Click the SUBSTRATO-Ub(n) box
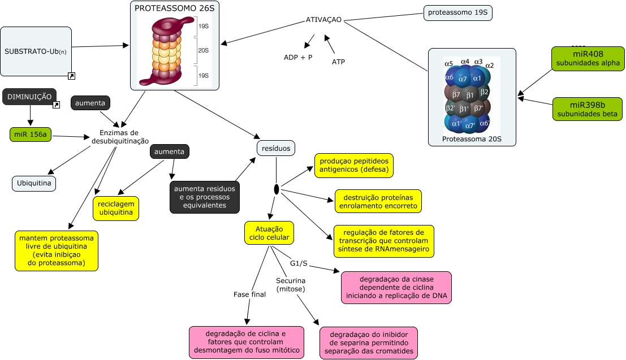pyautogui.click(x=36, y=51)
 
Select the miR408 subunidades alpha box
pyautogui.click(x=588, y=58)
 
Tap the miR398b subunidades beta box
pyautogui.click(x=588, y=109)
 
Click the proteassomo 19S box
pyautogui.click(x=458, y=13)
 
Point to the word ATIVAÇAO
pyautogui.click(x=323, y=20)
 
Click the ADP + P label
pyautogui.click(x=298, y=58)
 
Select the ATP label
pyautogui.click(x=338, y=62)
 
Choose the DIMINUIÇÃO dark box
pyautogui.click(x=29, y=97)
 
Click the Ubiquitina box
pyautogui.click(x=34, y=184)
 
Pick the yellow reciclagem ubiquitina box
pyautogui.click(x=116, y=208)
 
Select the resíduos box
pyautogui.click(x=276, y=148)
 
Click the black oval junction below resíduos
pyautogui.click(x=277, y=189)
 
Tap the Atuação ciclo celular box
pyautogui.click(x=269, y=232)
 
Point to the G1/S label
pyautogui.click(x=299, y=263)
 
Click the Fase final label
pyautogui.click(x=249, y=294)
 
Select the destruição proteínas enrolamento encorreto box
pyautogui.click(x=378, y=201)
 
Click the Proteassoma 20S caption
pyautogui.click(x=472, y=138)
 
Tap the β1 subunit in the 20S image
pyautogui.click(x=470, y=94)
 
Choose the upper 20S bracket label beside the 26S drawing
pyautogui.click(x=203, y=50)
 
